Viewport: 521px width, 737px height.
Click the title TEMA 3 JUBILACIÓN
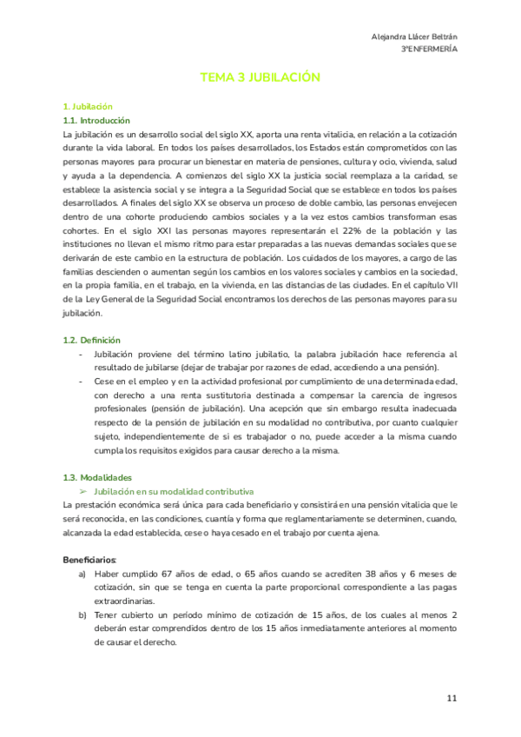260,77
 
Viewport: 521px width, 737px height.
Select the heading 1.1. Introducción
96,121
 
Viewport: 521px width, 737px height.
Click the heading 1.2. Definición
91,340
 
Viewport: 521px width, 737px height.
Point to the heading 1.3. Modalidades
96,477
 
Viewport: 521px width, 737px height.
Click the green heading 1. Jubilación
88,106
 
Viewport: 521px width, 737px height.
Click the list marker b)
82,614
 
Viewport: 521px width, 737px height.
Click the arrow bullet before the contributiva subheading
84,491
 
